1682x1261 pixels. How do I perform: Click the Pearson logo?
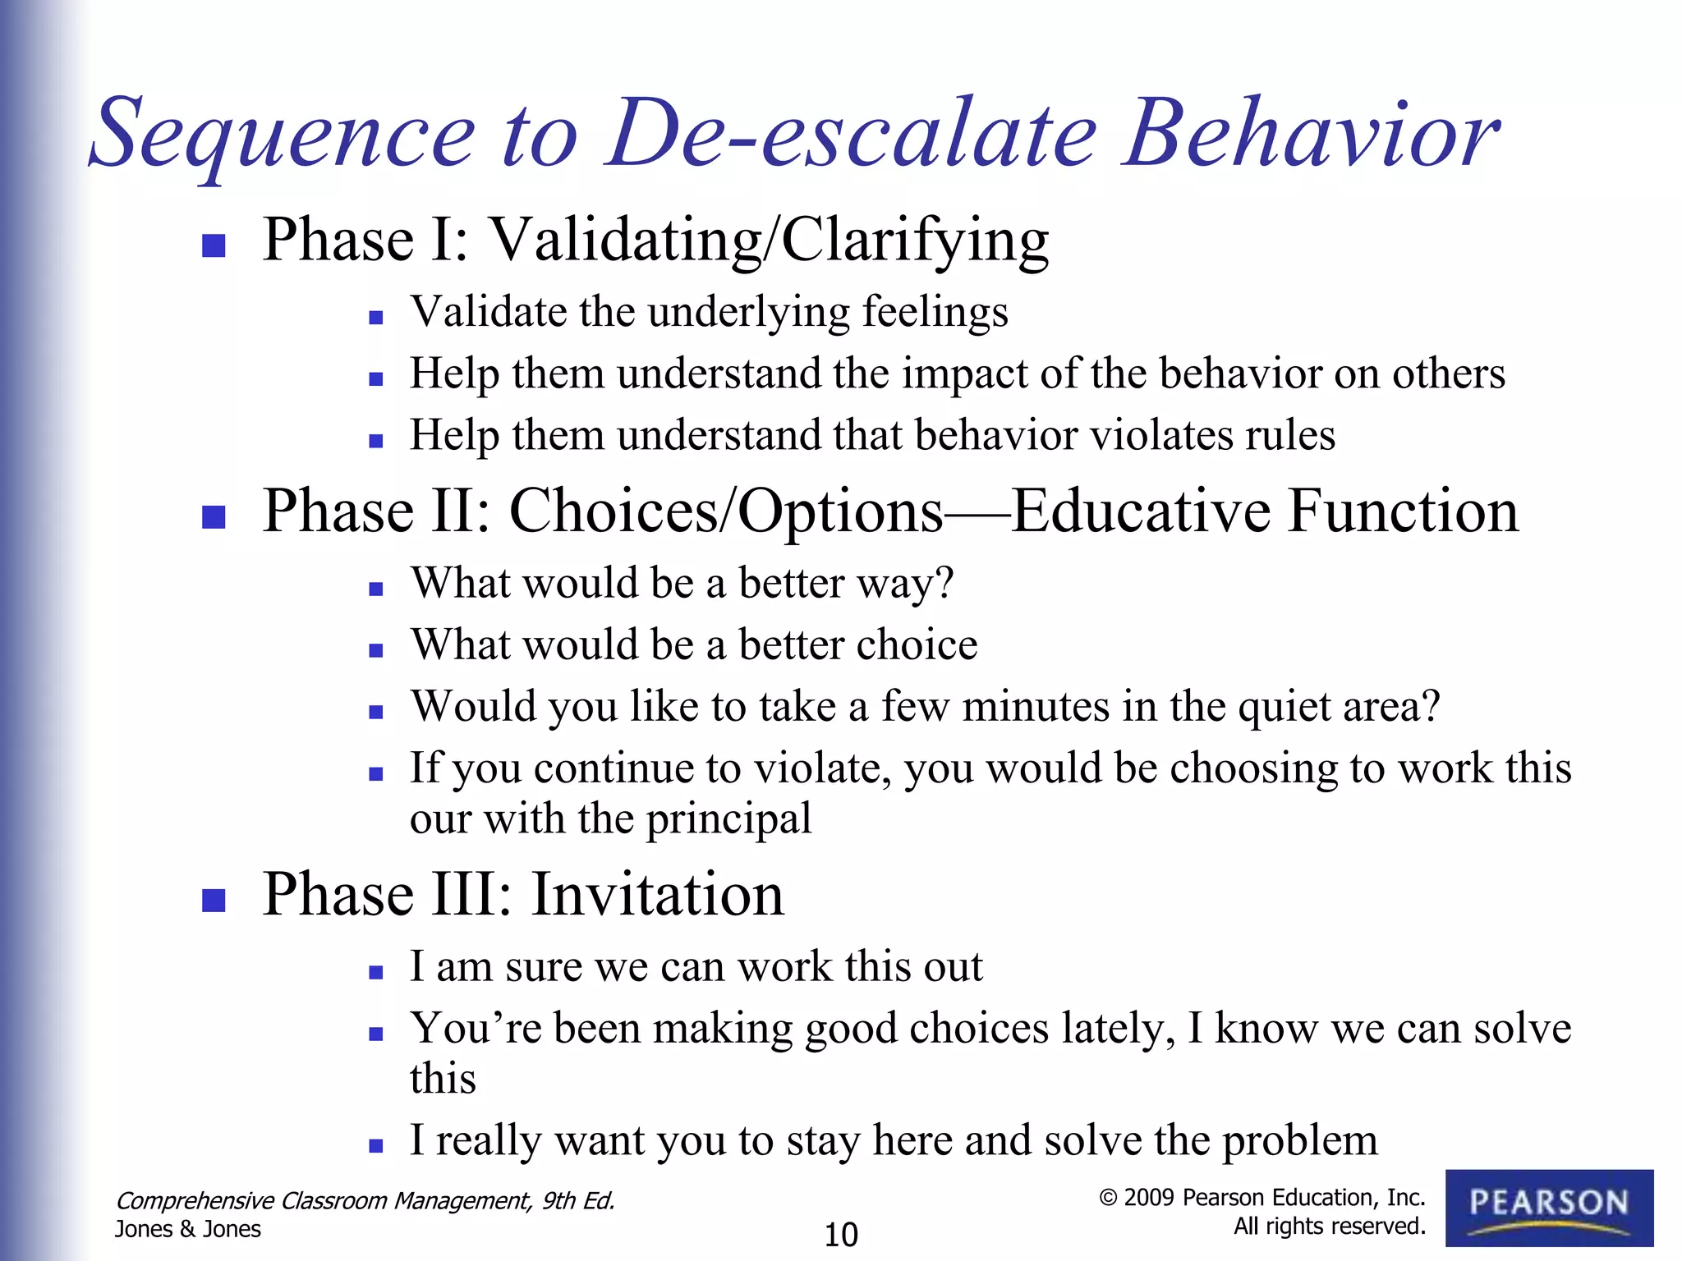(x=1549, y=1207)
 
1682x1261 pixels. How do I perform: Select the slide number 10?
(x=840, y=1235)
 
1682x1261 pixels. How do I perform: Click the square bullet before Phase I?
(x=214, y=245)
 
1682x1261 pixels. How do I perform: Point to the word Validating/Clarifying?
(x=770, y=241)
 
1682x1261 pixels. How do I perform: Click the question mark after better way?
(x=945, y=584)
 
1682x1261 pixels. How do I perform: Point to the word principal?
(x=728, y=820)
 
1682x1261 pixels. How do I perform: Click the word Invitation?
(x=657, y=894)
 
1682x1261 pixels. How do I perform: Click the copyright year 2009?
(x=1148, y=1198)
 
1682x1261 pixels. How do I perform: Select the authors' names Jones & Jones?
(x=187, y=1229)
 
